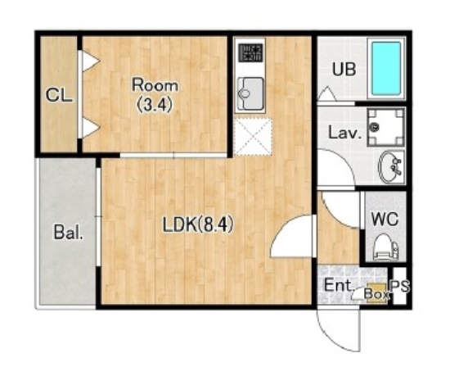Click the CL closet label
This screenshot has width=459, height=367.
point(59,95)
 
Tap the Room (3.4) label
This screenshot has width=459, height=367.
point(155,95)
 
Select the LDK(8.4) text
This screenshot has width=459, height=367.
point(198,225)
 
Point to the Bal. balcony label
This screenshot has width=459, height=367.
point(68,233)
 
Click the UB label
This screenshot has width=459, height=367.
point(344,70)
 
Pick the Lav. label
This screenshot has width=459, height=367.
point(345,133)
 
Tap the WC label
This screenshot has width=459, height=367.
point(385,219)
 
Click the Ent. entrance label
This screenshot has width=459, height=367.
point(338,285)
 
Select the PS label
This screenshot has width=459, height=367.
point(399,286)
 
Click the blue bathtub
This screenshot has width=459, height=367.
point(386,68)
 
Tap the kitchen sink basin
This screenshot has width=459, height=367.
point(250,94)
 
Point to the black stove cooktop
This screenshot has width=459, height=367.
point(250,52)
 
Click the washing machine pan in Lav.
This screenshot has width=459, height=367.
point(386,127)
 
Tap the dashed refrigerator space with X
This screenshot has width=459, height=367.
point(253,136)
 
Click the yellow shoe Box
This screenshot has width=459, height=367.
point(377,292)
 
